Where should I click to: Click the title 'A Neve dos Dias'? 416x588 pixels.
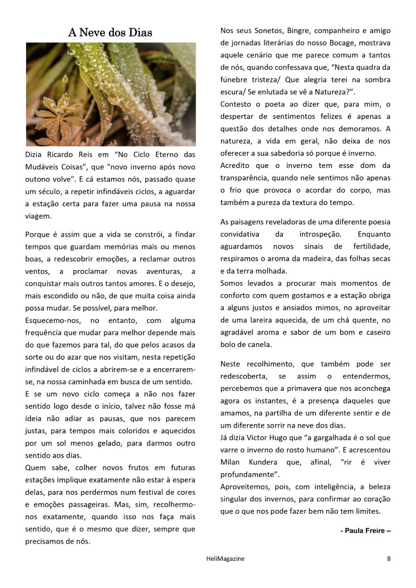pos(110,32)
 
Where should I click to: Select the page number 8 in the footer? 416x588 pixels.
pos(388,559)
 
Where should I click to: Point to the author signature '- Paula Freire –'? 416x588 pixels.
pos(366,531)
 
